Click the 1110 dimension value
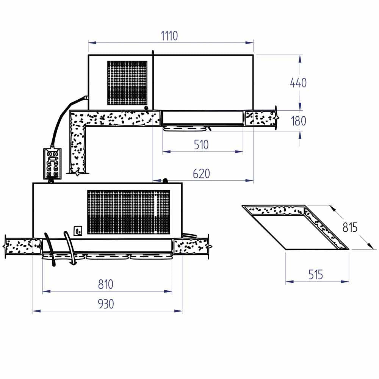(x=169, y=36)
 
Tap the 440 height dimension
(x=298, y=83)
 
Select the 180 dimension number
(x=299, y=121)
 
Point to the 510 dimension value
(x=201, y=145)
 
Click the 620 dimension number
(x=201, y=174)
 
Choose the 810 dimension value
(x=106, y=284)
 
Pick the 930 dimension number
(x=106, y=304)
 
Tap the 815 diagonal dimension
(x=350, y=227)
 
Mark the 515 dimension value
(x=316, y=274)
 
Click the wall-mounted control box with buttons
(x=52, y=164)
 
